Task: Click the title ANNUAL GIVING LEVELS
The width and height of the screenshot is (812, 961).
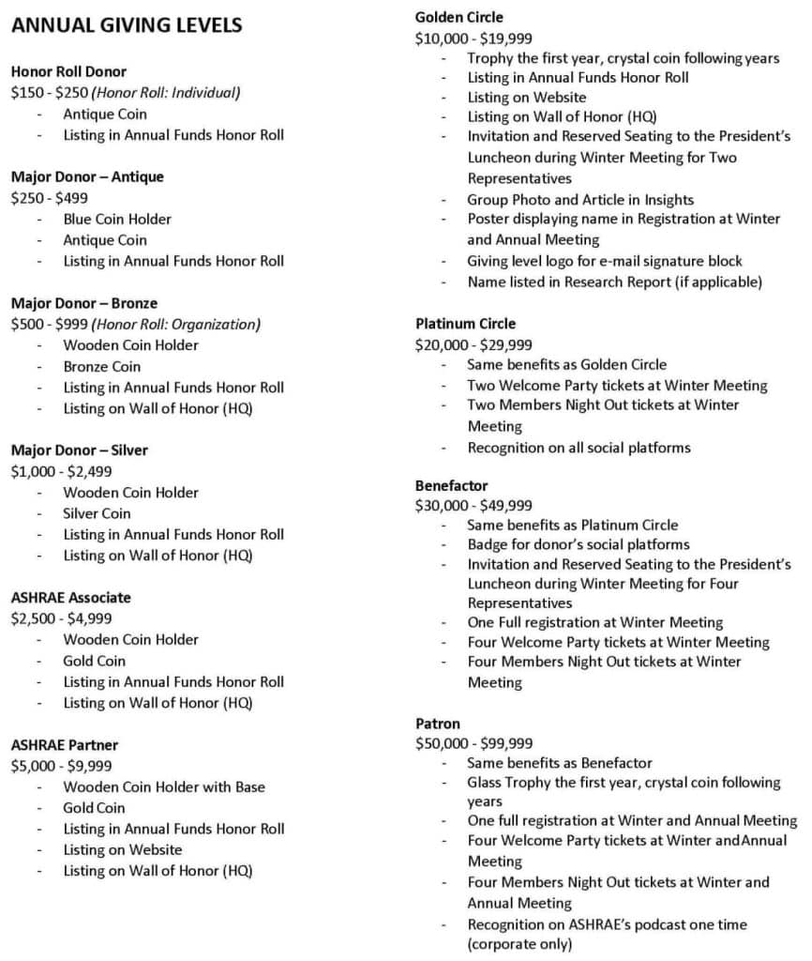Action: (127, 25)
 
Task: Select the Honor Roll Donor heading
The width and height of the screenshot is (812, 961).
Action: (68, 71)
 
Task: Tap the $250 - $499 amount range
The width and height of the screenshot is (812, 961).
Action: (48, 198)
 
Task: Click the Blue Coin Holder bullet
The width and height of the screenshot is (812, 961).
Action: (117, 219)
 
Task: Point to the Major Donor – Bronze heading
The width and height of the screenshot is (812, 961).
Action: (84, 303)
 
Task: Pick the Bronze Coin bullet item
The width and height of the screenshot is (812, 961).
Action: (101, 366)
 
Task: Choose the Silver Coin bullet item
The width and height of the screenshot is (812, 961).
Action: (97, 513)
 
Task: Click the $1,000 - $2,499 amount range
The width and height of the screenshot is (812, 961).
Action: (61, 471)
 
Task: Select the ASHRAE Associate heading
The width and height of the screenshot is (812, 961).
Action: (71, 597)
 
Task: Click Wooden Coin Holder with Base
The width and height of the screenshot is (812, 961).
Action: (164, 786)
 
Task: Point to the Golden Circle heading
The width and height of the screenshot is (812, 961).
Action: (459, 17)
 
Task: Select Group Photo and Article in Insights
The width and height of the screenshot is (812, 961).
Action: (580, 199)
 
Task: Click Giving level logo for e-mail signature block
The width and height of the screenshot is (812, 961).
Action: (605, 261)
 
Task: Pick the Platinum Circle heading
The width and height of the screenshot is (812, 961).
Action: (466, 324)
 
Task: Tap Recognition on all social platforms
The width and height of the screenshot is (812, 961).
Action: (579, 447)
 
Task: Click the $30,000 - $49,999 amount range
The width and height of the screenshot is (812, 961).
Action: (474, 505)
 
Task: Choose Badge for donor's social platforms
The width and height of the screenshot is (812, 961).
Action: (579, 544)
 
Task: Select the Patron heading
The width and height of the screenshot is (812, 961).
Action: (438, 724)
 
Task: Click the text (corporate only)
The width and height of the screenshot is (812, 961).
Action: (519, 943)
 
